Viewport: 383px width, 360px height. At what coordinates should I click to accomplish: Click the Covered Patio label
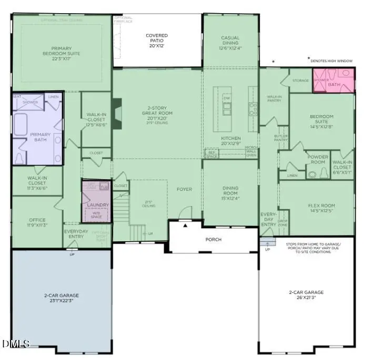coord(156,39)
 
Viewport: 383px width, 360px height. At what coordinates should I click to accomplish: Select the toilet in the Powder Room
coord(313,174)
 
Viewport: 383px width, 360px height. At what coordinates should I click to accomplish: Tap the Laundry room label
coord(98,205)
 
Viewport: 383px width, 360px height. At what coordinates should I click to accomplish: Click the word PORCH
coord(214,240)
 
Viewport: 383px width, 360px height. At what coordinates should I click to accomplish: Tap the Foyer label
coord(184,189)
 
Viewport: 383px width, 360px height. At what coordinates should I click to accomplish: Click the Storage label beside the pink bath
coord(300,80)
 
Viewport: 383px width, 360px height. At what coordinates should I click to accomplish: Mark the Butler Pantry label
coord(280,138)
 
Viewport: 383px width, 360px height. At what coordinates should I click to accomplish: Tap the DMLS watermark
coord(16,344)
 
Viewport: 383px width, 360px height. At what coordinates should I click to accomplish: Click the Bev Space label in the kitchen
coord(211,154)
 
